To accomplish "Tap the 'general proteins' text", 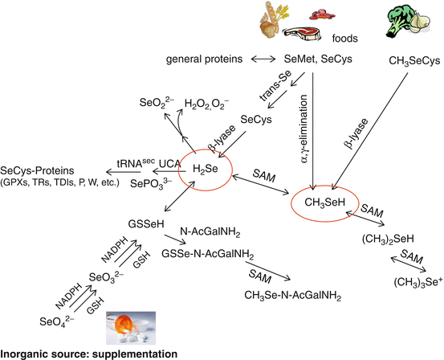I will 206,60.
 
